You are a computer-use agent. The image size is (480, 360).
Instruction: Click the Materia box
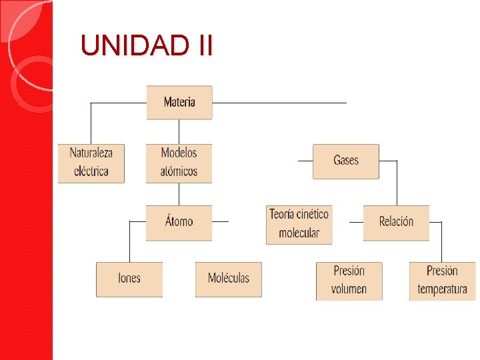pyautogui.click(x=179, y=103)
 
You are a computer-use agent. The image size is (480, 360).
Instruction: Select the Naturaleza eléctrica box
pyautogui.click(x=91, y=163)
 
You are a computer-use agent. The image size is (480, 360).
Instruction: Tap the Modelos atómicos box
pyautogui.click(x=179, y=163)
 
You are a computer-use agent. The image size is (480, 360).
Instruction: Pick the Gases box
pyautogui.click(x=346, y=161)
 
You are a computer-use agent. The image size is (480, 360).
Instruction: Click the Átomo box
pyautogui.click(x=179, y=222)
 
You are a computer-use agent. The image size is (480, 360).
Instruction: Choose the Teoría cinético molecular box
pyautogui.click(x=299, y=224)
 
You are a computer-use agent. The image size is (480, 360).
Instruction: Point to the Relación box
pyautogui.click(x=396, y=222)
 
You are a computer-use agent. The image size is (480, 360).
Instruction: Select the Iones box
pyautogui.click(x=129, y=279)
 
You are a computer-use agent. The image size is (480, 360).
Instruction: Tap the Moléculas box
pyautogui.click(x=228, y=279)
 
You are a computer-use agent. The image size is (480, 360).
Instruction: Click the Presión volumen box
pyautogui.click(x=349, y=280)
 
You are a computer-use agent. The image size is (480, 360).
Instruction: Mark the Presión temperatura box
pyautogui.click(x=442, y=280)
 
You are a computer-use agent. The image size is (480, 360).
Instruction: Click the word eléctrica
pyautogui.click(x=91, y=171)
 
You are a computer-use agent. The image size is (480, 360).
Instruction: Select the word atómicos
pyautogui.click(x=179, y=171)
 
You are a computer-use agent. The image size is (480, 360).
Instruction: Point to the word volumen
pyautogui.click(x=349, y=289)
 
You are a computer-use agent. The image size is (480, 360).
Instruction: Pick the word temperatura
pyautogui.click(x=442, y=289)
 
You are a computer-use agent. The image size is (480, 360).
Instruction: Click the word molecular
pyautogui.click(x=299, y=233)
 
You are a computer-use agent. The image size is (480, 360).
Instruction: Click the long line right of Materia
pyautogui.click(x=280, y=103)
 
